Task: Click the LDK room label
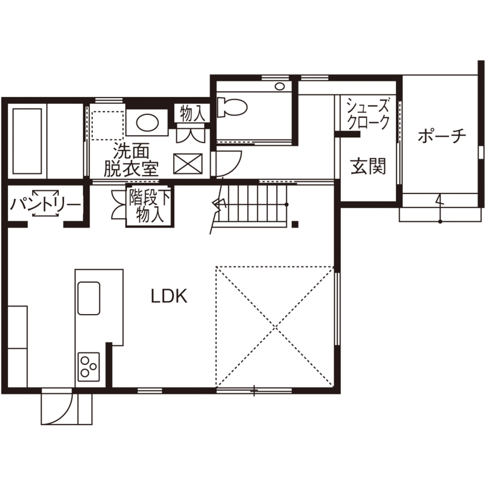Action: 169,297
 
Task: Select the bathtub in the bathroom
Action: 27,141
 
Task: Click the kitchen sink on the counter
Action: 89,298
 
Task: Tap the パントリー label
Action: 46,204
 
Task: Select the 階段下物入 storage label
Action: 150,206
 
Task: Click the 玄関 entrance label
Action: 368,167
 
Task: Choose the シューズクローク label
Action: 367,114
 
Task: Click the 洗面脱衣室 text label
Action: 131,160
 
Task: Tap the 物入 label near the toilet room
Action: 191,113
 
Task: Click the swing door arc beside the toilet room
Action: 230,164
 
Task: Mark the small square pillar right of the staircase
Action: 295,225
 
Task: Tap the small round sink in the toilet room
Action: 279,87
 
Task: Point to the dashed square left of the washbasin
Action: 107,125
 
